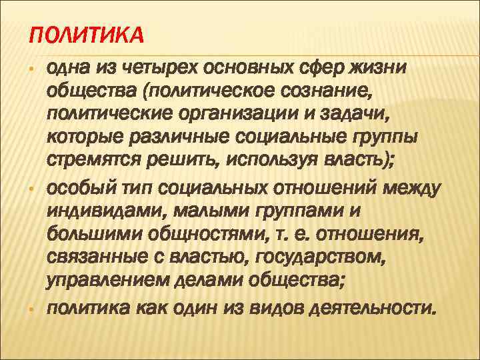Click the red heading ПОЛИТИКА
(87, 34)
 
